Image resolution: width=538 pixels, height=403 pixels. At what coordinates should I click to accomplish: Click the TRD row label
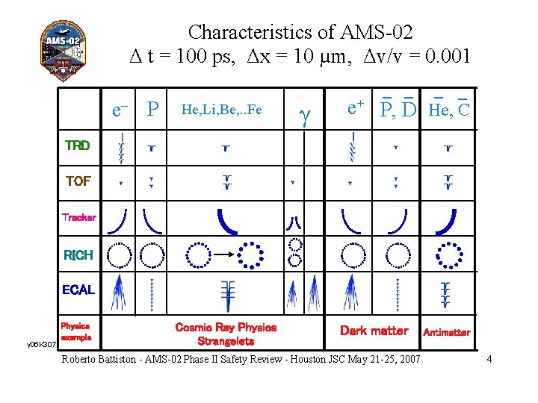[x=78, y=146]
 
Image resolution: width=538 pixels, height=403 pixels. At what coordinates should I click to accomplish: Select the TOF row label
[x=78, y=181]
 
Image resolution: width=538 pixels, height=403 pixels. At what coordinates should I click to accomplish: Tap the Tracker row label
[x=78, y=217]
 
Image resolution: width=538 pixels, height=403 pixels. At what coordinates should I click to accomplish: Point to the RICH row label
[x=78, y=255]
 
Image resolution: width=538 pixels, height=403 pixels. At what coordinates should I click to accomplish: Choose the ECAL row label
[x=78, y=290]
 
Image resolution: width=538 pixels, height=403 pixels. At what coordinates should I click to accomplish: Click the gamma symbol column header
[x=304, y=114]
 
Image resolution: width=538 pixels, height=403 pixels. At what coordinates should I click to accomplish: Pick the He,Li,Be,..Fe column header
[x=222, y=110]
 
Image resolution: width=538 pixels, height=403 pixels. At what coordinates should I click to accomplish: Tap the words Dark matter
[x=374, y=331]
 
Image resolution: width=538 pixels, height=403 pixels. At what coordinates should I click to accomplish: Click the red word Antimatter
[x=447, y=332]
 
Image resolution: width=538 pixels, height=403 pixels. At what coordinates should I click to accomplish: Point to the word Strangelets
[x=226, y=341]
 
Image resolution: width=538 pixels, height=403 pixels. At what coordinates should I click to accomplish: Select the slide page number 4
[x=489, y=360]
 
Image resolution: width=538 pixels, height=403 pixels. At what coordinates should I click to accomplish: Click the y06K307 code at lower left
[x=42, y=345]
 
